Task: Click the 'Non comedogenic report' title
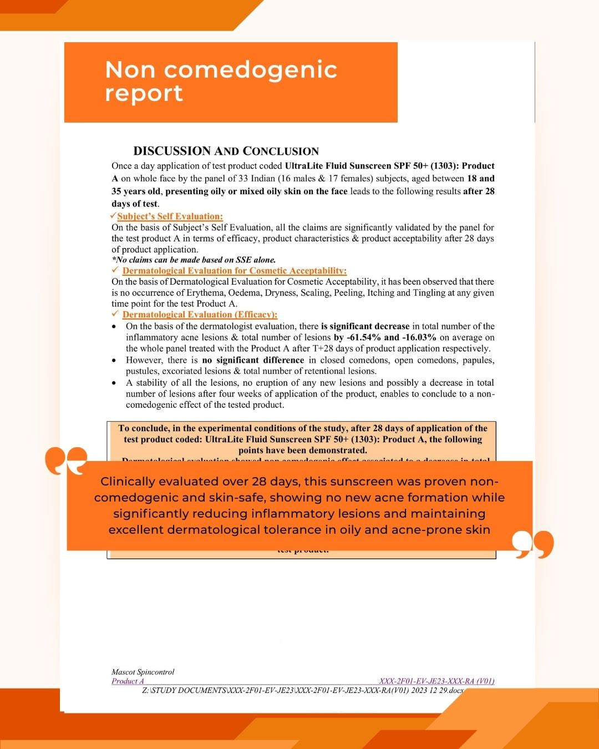pyautogui.click(x=221, y=81)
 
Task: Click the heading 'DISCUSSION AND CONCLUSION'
pyautogui.click(x=226, y=151)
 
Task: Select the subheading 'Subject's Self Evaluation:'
pyautogui.click(x=170, y=216)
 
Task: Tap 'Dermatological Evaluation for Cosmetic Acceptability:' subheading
pyautogui.click(x=234, y=271)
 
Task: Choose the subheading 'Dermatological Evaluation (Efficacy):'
pyautogui.click(x=200, y=315)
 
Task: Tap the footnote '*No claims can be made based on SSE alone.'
pyautogui.click(x=194, y=260)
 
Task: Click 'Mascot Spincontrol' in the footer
pyautogui.click(x=143, y=672)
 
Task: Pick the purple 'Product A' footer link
pyautogui.click(x=128, y=681)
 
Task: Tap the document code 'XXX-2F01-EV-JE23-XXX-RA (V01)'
pyautogui.click(x=436, y=681)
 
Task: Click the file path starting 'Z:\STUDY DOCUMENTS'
pyautogui.click(x=302, y=691)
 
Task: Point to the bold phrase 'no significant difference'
pyautogui.click(x=253, y=360)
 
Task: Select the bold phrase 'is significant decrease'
pyautogui.click(x=365, y=326)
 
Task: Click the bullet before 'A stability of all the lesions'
pyautogui.click(x=114, y=383)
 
